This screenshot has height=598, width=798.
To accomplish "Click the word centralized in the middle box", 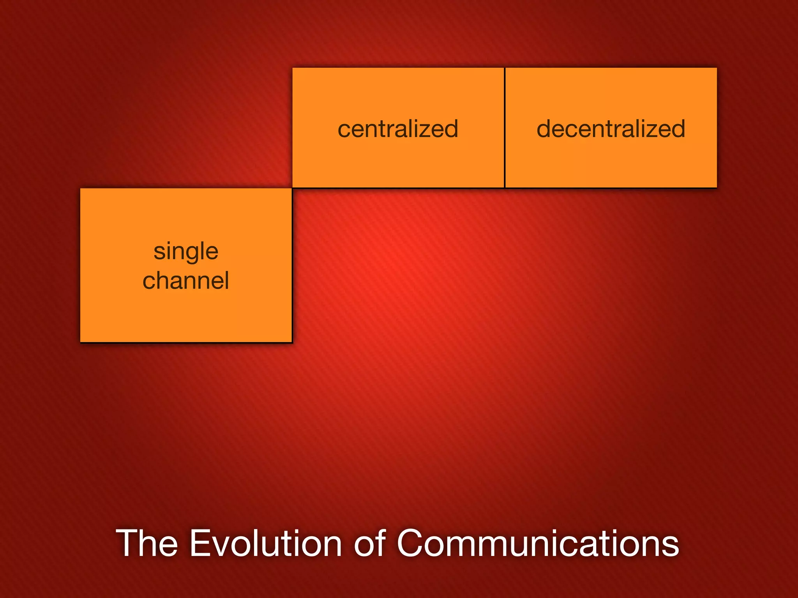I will coord(398,129).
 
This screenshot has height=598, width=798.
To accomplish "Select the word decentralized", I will coord(611,129).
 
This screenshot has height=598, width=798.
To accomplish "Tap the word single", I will coord(186,251).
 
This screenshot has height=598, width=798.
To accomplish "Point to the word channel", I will coord(186,281).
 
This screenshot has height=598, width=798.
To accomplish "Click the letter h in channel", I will coord(165,281).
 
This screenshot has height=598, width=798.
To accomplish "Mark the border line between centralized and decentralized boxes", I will coord(505,128).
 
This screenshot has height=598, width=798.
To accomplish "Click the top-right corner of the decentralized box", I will coord(717,68).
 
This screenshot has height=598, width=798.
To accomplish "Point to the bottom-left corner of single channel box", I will coord(81,342).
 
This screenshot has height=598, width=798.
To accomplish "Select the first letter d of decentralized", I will coord(545,128).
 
